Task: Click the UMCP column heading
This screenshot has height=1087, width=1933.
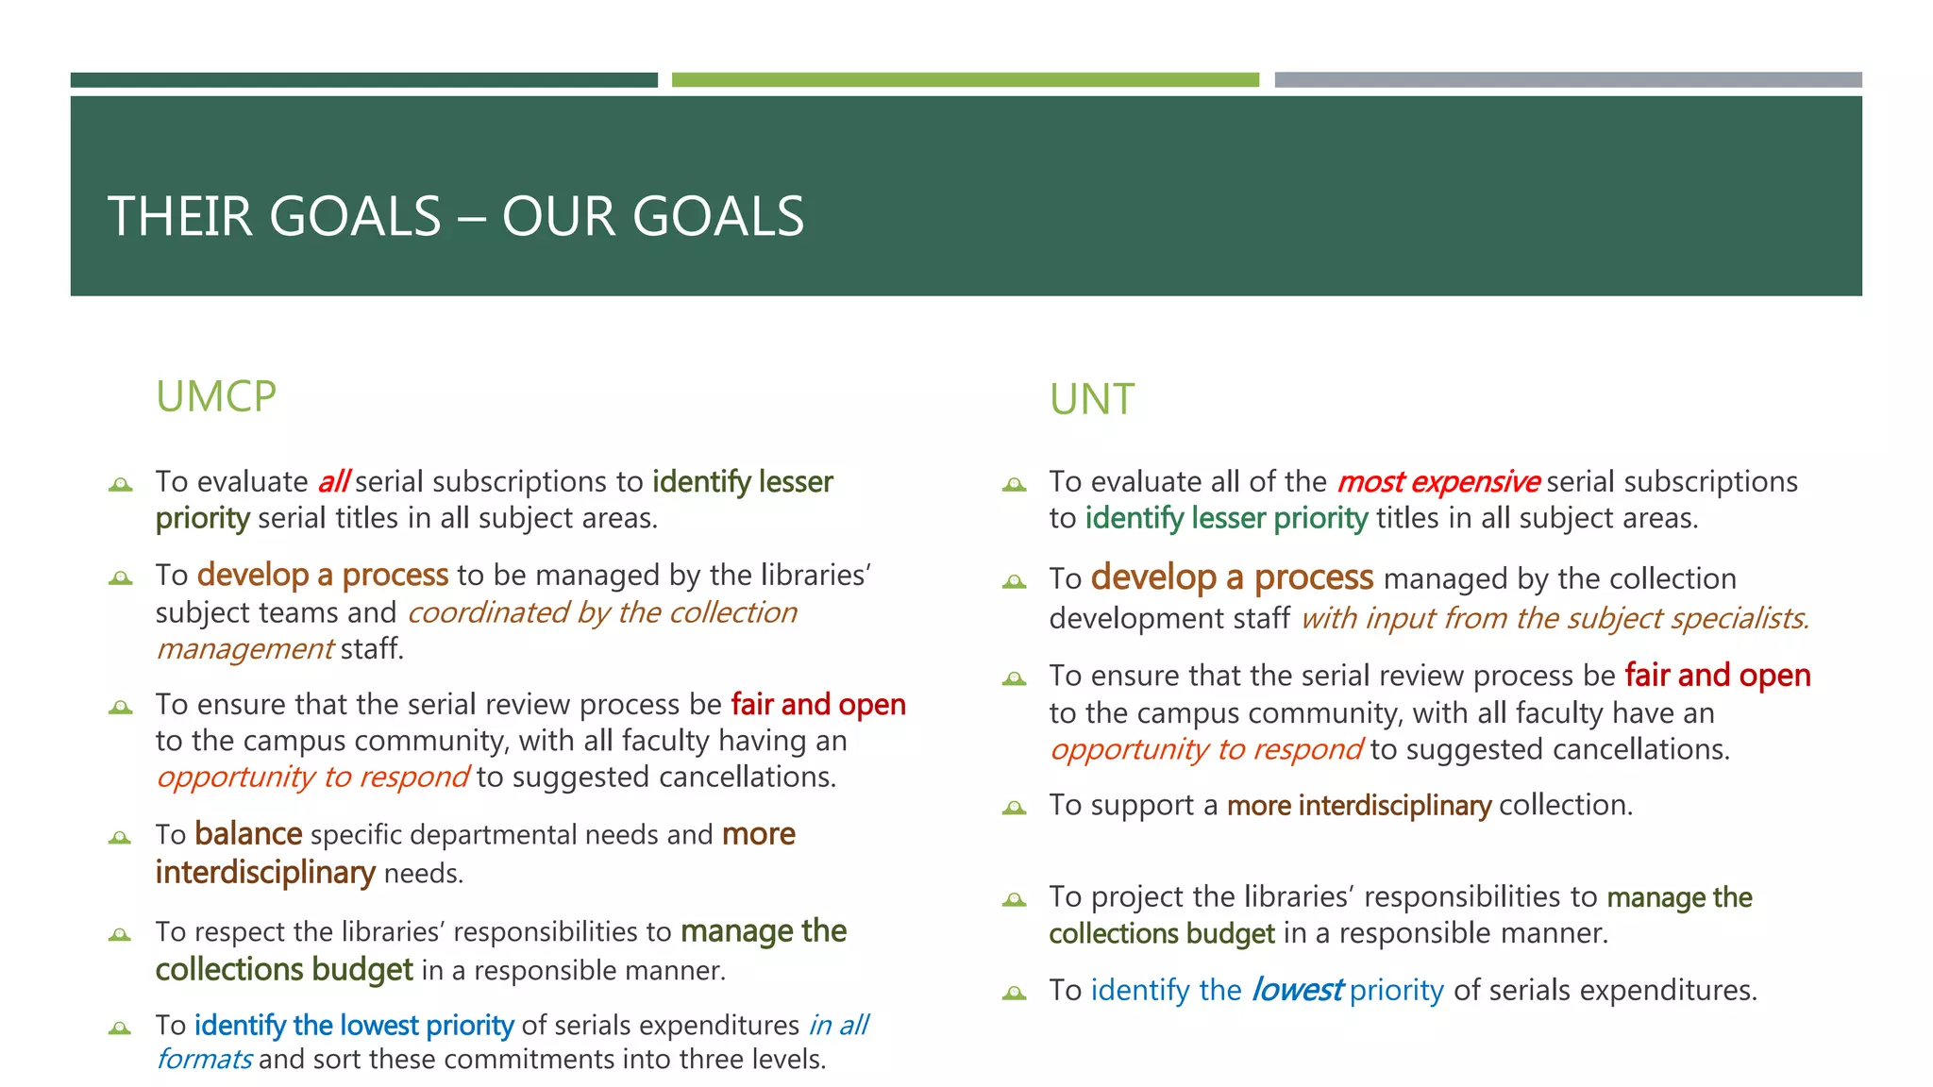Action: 216,397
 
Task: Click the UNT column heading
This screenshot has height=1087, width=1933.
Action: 1092,400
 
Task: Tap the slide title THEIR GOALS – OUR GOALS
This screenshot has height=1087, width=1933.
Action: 456,216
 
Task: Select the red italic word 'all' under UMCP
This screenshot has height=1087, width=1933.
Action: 333,482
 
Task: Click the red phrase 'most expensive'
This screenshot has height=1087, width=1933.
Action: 1437,482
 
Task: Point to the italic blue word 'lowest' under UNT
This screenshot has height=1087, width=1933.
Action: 1297,990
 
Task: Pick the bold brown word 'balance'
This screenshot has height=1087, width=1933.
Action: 248,835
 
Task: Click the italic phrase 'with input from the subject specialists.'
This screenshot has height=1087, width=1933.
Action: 1555,618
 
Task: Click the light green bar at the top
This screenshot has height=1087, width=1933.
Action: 965,80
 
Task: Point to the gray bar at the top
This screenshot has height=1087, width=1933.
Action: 1568,80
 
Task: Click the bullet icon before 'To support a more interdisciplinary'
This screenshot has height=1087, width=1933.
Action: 1015,808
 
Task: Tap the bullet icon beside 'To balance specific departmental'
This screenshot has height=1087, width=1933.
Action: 121,838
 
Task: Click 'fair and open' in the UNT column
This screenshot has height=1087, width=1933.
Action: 1717,676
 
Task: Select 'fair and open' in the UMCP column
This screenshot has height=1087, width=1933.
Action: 817,705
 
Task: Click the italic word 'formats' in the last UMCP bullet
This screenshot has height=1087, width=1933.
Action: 204,1060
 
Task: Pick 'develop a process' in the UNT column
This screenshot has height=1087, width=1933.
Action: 1232,577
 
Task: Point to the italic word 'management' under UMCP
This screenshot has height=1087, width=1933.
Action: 244,649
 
